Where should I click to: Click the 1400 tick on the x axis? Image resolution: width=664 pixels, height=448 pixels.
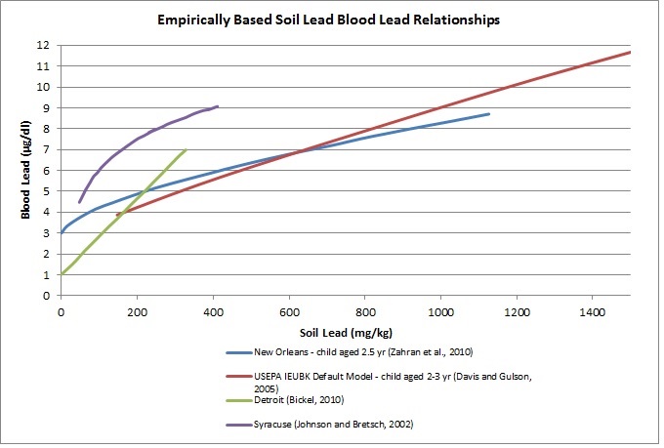tap(592, 312)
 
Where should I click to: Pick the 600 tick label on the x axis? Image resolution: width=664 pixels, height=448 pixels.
tap(288, 312)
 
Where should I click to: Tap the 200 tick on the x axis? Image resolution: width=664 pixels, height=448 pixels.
tap(137, 312)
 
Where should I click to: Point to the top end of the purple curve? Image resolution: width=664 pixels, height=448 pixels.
tap(218, 106)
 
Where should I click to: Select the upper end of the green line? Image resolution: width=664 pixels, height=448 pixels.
tap(186, 149)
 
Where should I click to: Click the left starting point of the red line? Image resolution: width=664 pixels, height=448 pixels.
tap(117, 215)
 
